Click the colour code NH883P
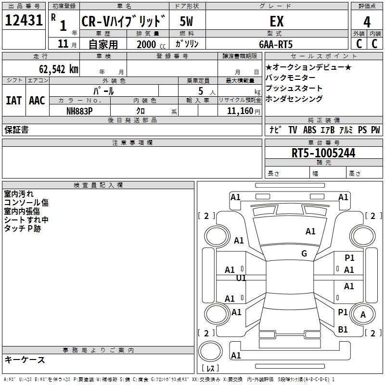[x=79, y=111]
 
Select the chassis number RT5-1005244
[x=323, y=154]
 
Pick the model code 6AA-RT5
[x=276, y=44]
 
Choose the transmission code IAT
[x=13, y=101]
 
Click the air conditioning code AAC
[x=37, y=101]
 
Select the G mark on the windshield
[x=304, y=254]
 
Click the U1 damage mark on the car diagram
[x=241, y=278]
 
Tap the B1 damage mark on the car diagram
[x=343, y=330]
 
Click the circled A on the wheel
[x=363, y=315]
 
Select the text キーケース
[x=25, y=359]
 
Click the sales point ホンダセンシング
[x=294, y=99]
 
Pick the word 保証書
[x=16, y=129]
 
